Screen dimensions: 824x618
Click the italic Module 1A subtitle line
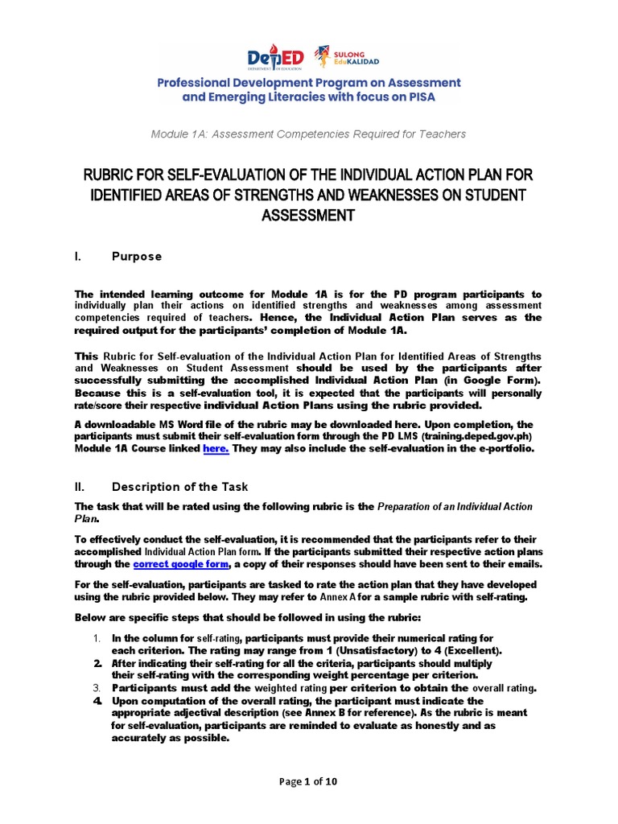pyautogui.click(x=308, y=134)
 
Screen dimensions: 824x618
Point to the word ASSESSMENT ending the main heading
pyautogui.click(x=308, y=215)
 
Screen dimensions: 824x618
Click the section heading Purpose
pyautogui.click(x=136, y=257)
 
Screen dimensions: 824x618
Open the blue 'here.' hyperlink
pyautogui.click(x=216, y=448)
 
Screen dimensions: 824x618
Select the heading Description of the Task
pyautogui.click(x=179, y=486)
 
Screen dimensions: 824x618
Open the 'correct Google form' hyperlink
pyautogui.click(x=182, y=564)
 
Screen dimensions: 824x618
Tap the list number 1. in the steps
pyautogui.click(x=96, y=638)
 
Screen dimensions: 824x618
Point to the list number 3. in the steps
pyautogui.click(x=96, y=688)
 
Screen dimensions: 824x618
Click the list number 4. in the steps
pyautogui.click(x=96, y=700)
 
